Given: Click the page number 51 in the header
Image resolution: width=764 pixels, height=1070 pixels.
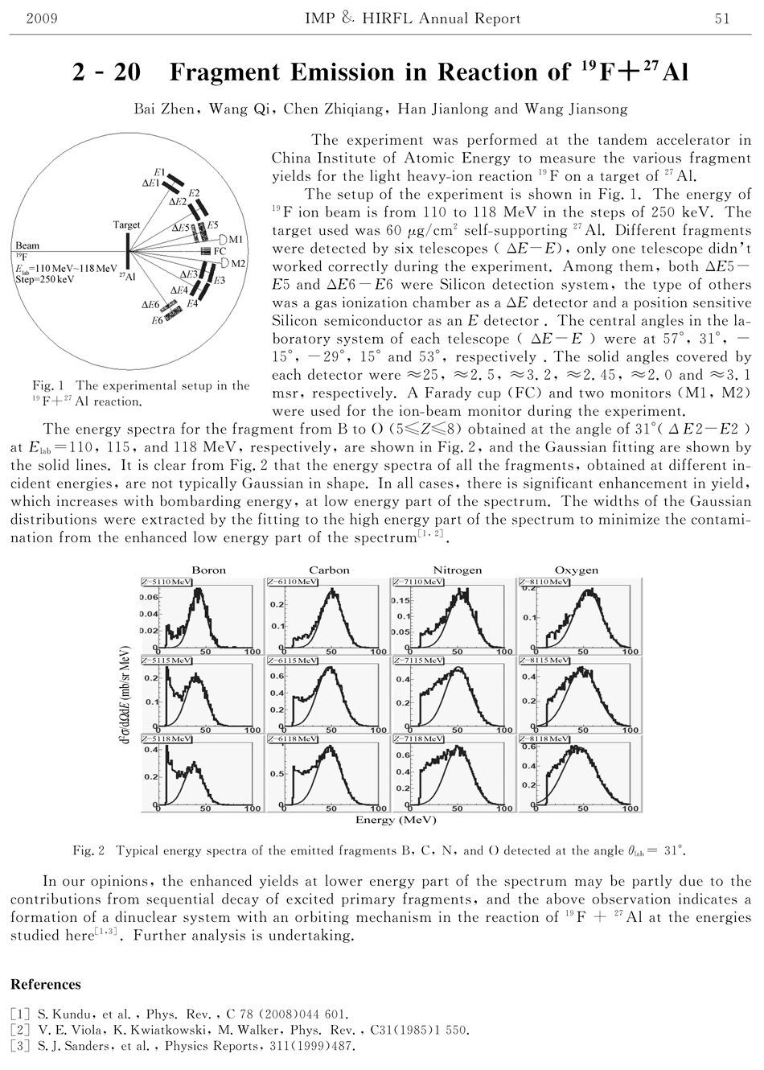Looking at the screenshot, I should coord(721,19).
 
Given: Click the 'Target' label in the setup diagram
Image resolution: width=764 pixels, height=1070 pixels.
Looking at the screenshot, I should coord(126,225).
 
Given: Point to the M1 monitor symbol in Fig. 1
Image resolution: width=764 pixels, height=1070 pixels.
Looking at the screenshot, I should coord(224,239).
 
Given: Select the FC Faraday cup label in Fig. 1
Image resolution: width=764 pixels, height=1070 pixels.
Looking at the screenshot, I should coord(220,251).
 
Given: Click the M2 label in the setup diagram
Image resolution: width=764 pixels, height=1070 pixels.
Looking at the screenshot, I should coord(238,264).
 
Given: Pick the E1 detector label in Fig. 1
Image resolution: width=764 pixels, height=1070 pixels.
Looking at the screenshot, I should coord(159,172).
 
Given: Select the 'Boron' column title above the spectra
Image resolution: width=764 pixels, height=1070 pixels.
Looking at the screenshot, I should coord(208,570).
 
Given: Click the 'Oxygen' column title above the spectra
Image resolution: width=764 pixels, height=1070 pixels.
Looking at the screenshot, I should coord(575,570).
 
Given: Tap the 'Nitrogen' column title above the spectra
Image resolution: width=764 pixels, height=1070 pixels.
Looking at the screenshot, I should coord(457,570).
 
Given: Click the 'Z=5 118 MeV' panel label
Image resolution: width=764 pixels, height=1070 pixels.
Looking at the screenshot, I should coord(166,737).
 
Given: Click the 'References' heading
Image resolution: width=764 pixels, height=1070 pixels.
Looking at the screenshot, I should coord(46,984).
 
